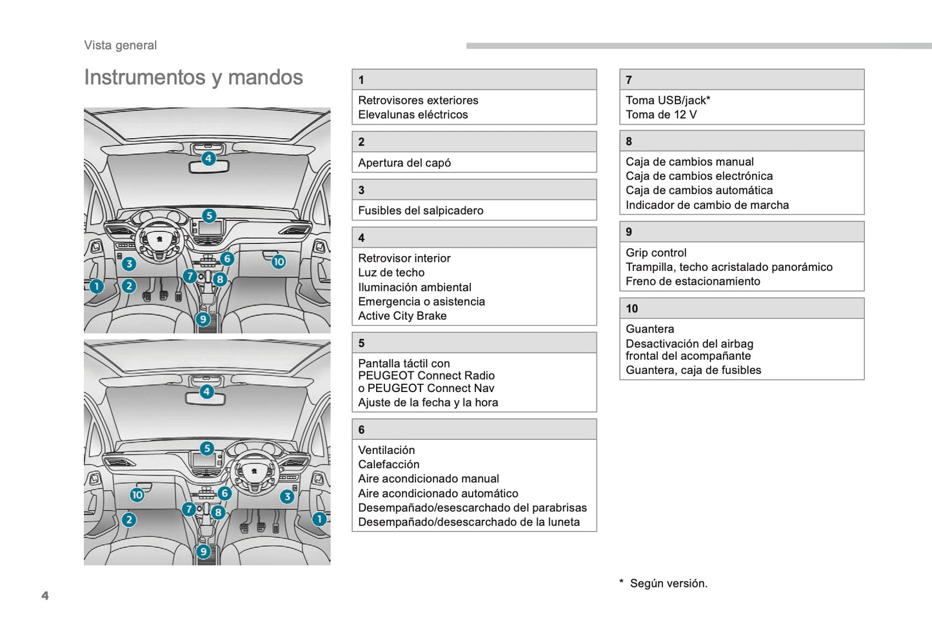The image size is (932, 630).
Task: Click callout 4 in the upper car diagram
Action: coord(208,158)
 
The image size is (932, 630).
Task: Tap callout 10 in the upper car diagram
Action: coord(279,262)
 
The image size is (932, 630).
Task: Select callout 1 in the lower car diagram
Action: coord(319,519)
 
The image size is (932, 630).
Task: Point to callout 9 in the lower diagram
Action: coord(204,551)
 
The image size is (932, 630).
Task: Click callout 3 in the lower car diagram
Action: coord(287,497)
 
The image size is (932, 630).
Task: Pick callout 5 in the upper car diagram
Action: coord(209,215)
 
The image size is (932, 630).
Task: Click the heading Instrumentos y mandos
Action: coord(193,77)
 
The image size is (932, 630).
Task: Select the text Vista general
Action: coord(121,45)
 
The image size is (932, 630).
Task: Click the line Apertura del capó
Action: coord(404,162)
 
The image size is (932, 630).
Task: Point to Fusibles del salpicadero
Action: coord(421,210)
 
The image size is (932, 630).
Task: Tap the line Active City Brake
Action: coord(402,316)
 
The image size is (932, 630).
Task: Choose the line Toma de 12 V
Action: coord(661,115)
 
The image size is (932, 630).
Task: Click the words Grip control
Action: coord(656,253)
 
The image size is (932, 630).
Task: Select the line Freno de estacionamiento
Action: coord(693,281)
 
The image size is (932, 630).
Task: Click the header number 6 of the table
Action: coord(361,429)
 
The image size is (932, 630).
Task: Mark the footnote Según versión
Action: coord(668,583)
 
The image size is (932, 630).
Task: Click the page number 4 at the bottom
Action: coord(45,595)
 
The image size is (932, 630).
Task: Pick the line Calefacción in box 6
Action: coord(389,464)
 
